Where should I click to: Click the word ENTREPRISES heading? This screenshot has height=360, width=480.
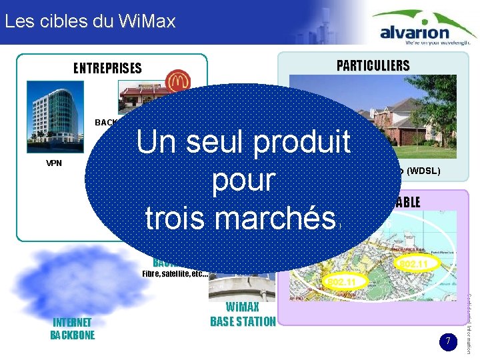107,68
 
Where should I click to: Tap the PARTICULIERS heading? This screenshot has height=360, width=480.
373,65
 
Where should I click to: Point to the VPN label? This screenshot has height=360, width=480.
54,163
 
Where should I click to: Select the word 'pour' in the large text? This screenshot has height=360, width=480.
243,180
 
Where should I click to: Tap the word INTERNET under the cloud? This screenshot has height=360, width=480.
73,323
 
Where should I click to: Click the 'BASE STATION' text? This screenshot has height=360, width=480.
243,321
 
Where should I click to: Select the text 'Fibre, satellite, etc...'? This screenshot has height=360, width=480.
175,273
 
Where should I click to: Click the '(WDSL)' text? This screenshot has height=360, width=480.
423,172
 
